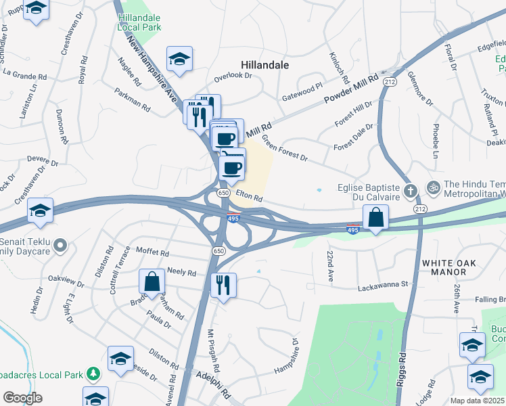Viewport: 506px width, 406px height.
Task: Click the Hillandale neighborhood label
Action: (x=265, y=65)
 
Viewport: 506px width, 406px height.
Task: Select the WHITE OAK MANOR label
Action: (x=453, y=267)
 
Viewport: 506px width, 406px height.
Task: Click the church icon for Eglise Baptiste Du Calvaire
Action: (x=410, y=190)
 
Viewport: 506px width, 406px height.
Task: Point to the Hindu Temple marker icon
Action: (x=433, y=185)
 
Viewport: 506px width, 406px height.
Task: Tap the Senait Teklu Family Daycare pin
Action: (x=60, y=245)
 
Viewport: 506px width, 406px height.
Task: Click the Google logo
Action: (x=22, y=397)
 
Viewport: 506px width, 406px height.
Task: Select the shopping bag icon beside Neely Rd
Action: (x=152, y=281)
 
